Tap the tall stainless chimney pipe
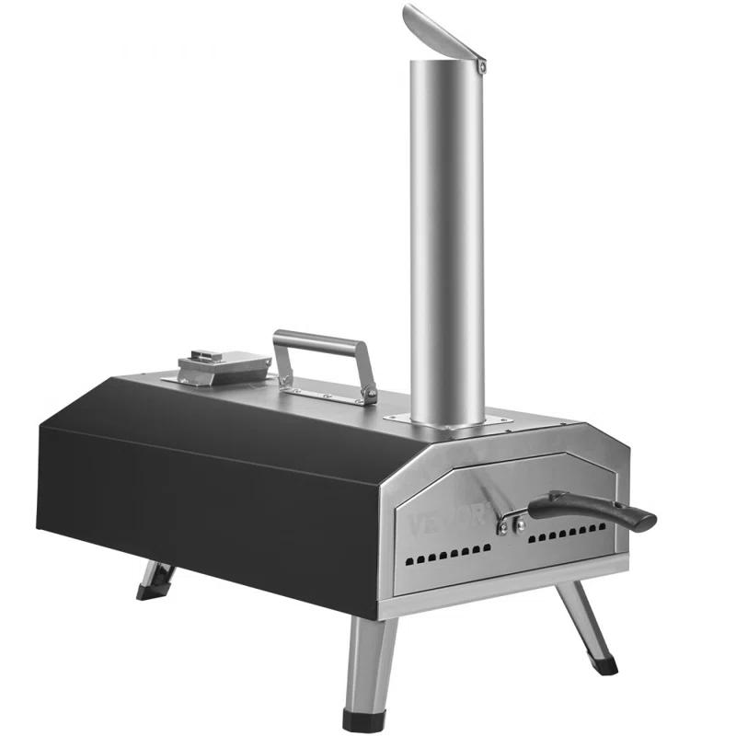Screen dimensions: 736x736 (447, 239)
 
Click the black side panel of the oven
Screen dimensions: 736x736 (212, 497)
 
